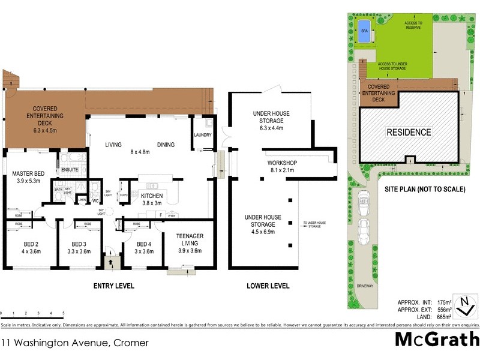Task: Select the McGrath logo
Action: tap(437, 339)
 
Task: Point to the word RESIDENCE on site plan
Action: tap(408, 132)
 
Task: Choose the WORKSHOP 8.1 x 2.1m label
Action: tap(283, 166)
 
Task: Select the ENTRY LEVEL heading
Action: tap(113, 286)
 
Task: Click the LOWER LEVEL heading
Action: tap(268, 286)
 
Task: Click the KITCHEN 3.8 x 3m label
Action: tap(152, 199)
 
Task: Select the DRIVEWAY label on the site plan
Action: tap(364, 286)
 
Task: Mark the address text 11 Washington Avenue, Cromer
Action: tap(74, 343)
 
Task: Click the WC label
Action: tap(95, 200)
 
